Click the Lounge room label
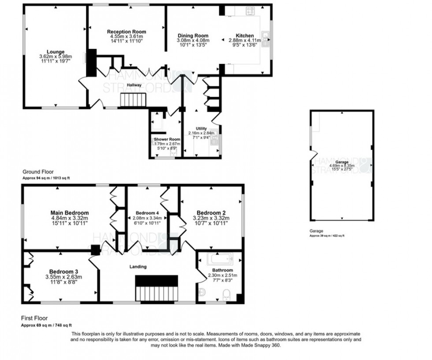coord(56,52)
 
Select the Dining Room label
coord(193,36)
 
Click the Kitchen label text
coord(245,36)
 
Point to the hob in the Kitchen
coord(244,11)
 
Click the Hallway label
coord(134,85)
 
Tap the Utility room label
coord(201,128)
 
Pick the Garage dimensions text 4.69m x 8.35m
coord(342,166)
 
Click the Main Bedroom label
coord(70,213)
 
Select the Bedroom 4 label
coord(145,213)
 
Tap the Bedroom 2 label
coord(211,211)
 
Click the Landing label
coord(138,266)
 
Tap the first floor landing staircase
coord(156,287)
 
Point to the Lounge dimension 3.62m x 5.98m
coord(56,56)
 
